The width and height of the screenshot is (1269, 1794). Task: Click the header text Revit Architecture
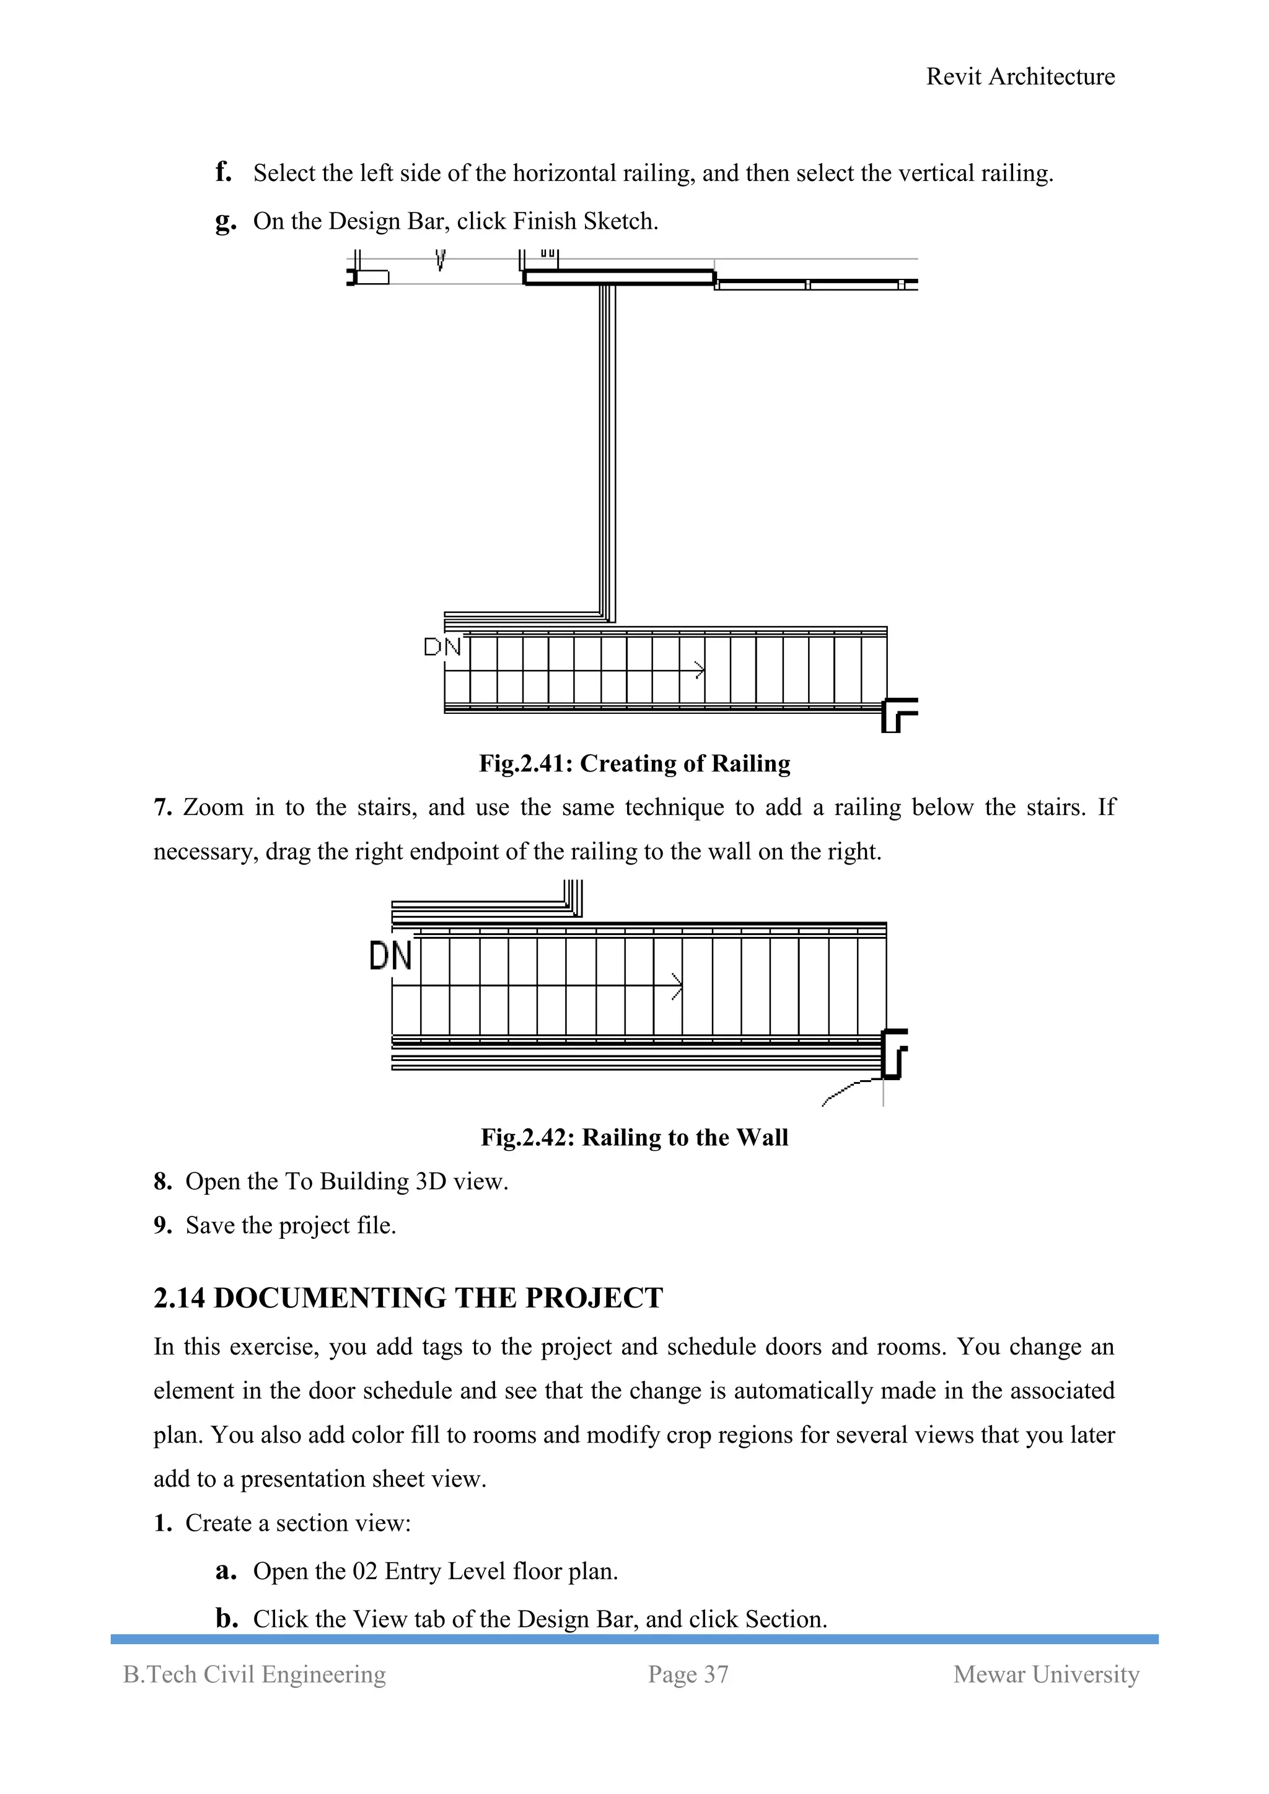[1020, 77]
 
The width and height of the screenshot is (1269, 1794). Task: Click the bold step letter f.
[224, 172]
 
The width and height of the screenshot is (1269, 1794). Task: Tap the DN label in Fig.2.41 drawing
[442, 647]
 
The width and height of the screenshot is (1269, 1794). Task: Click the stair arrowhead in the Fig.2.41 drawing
[700, 671]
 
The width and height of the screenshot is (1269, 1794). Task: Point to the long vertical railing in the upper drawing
[607, 453]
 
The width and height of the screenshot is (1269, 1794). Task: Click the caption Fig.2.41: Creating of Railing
[634, 763]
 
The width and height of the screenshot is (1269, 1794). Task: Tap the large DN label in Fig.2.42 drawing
[390, 956]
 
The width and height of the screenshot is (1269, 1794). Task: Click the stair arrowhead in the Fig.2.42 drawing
[677, 986]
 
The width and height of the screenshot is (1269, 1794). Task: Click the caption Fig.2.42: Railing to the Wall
[634, 1137]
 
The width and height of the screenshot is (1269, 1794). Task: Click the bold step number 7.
[162, 807]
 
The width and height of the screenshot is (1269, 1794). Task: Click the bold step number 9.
[162, 1225]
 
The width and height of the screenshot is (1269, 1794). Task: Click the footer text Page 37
[688, 1674]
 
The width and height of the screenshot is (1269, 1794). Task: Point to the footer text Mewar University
[1045, 1674]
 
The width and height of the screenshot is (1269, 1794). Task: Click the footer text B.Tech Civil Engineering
[255, 1674]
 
